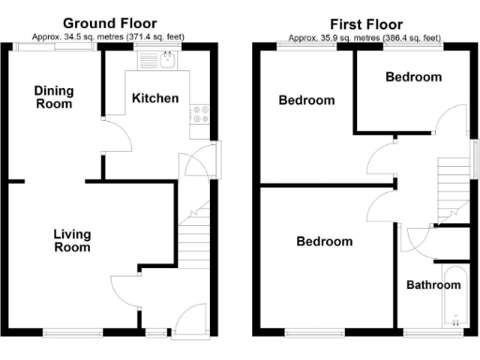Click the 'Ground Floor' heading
click(110, 22)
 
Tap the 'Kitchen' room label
click(155, 98)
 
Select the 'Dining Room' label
click(53, 97)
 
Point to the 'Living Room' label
click(72, 241)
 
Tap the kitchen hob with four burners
click(200, 115)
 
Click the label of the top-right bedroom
click(413, 78)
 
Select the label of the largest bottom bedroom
click(324, 242)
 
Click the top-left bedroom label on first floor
click(307, 100)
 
